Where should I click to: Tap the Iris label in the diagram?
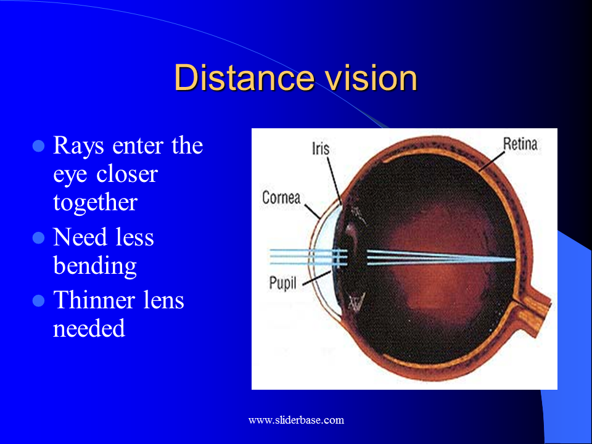pyautogui.click(x=321, y=149)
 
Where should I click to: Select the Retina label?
pyautogui.click(x=520, y=144)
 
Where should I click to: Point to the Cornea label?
pyautogui.click(x=281, y=197)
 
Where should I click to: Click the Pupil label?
pyautogui.click(x=283, y=284)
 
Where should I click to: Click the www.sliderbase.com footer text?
pyautogui.click(x=296, y=420)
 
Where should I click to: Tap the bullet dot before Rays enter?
pyautogui.click(x=38, y=146)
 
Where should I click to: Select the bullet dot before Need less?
pyautogui.click(x=38, y=237)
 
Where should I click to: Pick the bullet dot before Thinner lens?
pyautogui.click(x=38, y=300)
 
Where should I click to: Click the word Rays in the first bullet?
pyautogui.click(x=78, y=146)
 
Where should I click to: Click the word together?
pyautogui.click(x=95, y=203)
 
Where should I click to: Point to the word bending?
pyautogui.click(x=95, y=266)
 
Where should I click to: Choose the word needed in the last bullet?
pyautogui.click(x=89, y=328)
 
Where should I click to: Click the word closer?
pyautogui.click(x=127, y=175)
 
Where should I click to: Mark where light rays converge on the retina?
pyautogui.click(x=514, y=260)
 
